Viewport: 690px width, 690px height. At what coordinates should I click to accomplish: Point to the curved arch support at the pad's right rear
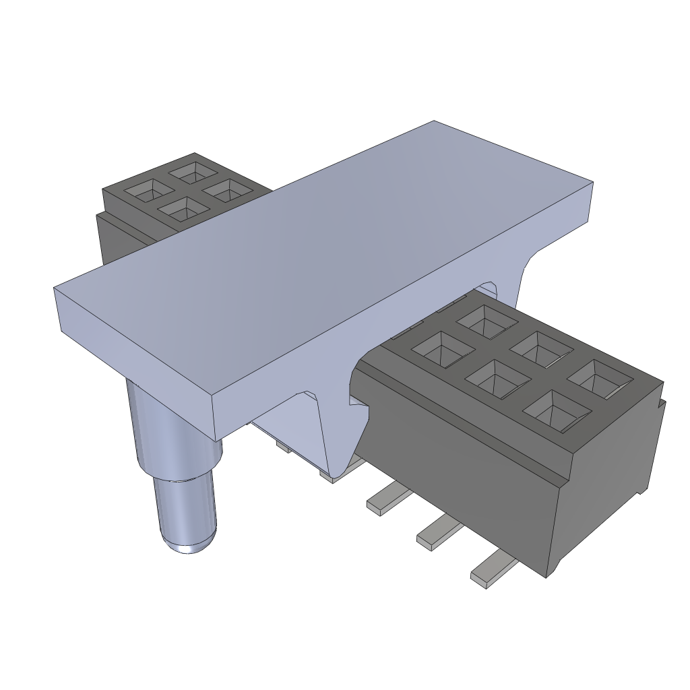(x=519, y=276)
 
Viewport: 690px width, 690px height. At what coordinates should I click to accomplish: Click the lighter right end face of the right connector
(x=606, y=485)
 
